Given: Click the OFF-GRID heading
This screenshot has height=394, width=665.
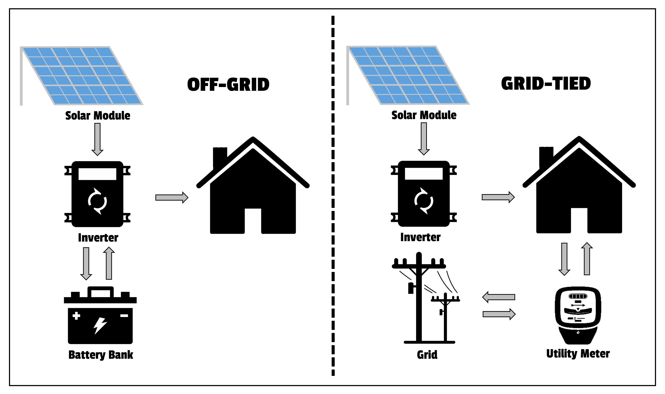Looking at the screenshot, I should pyautogui.click(x=228, y=85).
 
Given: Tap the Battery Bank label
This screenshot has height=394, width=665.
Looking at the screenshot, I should pyautogui.click(x=101, y=355).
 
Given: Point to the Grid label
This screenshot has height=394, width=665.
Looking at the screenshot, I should pyautogui.click(x=427, y=355).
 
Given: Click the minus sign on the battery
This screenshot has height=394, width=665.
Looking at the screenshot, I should pyautogui.click(x=124, y=316).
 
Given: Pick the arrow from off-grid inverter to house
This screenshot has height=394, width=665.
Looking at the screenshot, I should pyautogui.click(x=172, y=198).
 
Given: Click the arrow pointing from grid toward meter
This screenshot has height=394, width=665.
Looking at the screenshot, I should pyautogui.click(x=499, y=314).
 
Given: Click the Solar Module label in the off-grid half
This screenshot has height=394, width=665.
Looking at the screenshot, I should pyautogui.click(x=98, y=116).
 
